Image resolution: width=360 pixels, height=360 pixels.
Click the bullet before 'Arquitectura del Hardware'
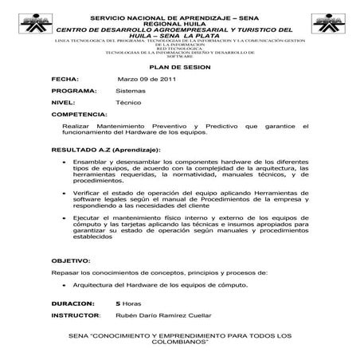pos(65,284)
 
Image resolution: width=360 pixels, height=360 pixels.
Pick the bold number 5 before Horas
pos(118,303)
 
